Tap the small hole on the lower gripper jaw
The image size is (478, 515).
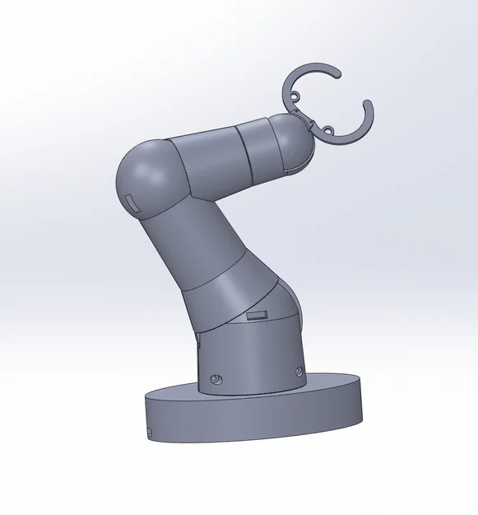[x=327, y=130]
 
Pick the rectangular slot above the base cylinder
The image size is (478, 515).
[x=257, y=315]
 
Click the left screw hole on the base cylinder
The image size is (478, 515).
[x=216, y=378]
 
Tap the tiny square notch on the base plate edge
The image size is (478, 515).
[x=150, y=431]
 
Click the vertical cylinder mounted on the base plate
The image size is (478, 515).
[x=251, y=354]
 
